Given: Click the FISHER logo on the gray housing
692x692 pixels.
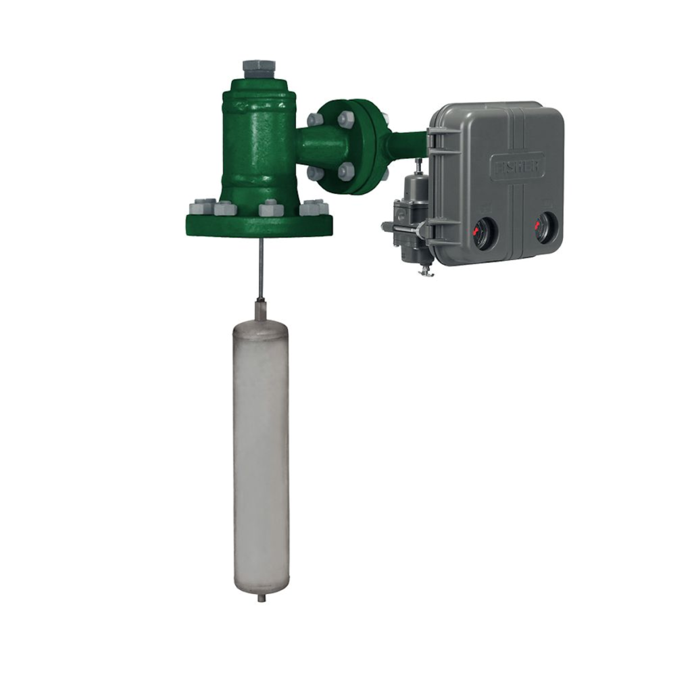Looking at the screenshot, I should [x=517, y=166].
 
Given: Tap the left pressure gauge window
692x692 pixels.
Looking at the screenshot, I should [x=484, y=232].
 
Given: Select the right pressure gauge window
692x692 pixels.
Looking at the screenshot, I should [x=545, y=228].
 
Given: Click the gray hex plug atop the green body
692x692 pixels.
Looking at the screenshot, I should [x=259, y=68].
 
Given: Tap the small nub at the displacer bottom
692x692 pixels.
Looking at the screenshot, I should [x=261, y=597].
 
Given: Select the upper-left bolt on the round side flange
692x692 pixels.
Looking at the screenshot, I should [x=315, y=120].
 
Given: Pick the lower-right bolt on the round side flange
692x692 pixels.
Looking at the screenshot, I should [x=346, y=171].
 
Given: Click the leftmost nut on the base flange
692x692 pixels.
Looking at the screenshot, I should [x=201, y=206].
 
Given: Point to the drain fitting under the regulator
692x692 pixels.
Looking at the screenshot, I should [x=424, y=270].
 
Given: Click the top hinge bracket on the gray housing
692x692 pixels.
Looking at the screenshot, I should [x=437, y=139].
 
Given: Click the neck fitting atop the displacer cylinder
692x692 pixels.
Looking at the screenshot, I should [x=261, y=311].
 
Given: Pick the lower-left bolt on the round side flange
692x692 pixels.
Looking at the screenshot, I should [x=315, y=172].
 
